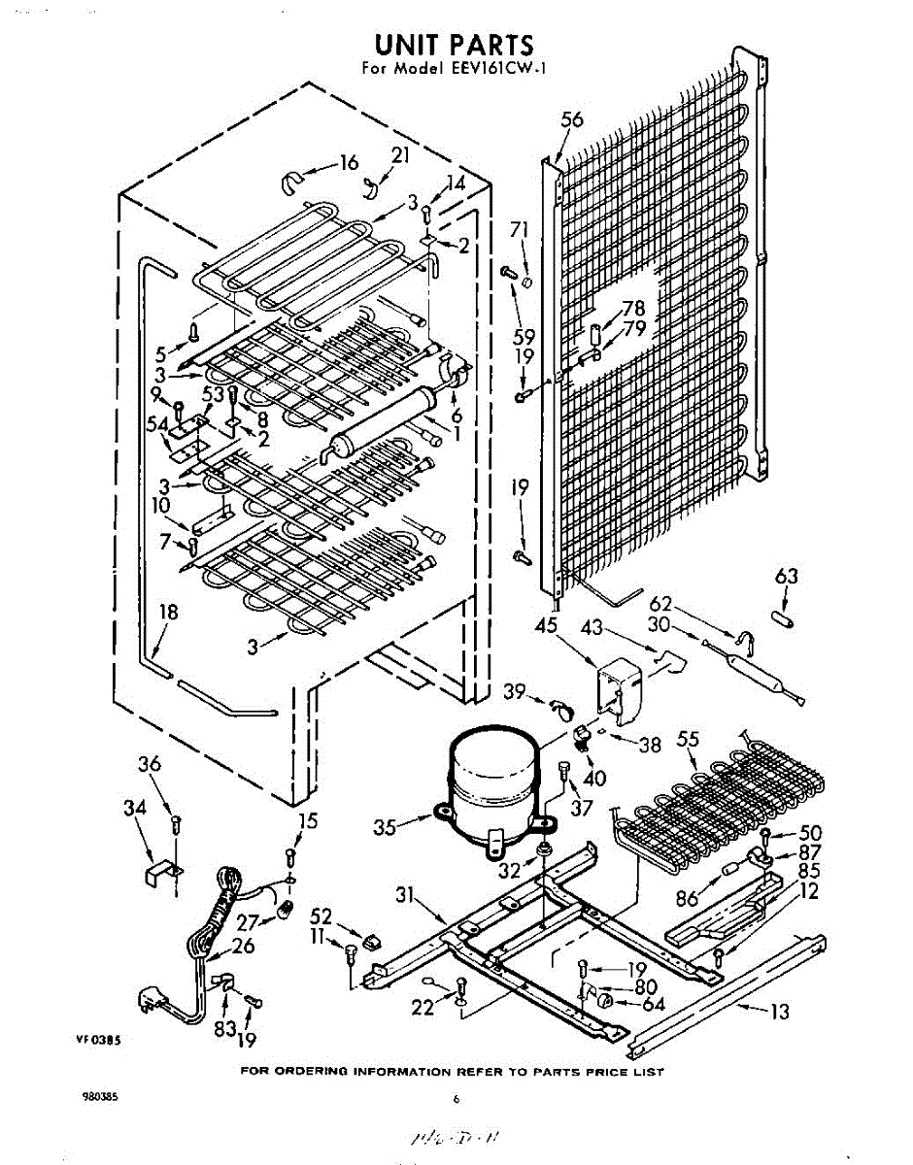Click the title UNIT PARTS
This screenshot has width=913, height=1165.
click(454, 45)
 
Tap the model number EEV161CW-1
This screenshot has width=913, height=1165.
click(491, 69)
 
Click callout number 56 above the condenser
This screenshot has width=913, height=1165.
click(572, 119)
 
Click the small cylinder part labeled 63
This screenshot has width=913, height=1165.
click(783, 616)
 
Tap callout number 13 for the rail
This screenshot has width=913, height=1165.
click(778, 1013)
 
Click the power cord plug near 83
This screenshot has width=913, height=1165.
click(156, 999)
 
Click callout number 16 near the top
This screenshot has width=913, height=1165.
click(348, 163)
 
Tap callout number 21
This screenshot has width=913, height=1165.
click(400, 155)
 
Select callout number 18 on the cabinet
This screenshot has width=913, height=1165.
click(168, 612)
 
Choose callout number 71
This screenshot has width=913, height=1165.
click(520, 229)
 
